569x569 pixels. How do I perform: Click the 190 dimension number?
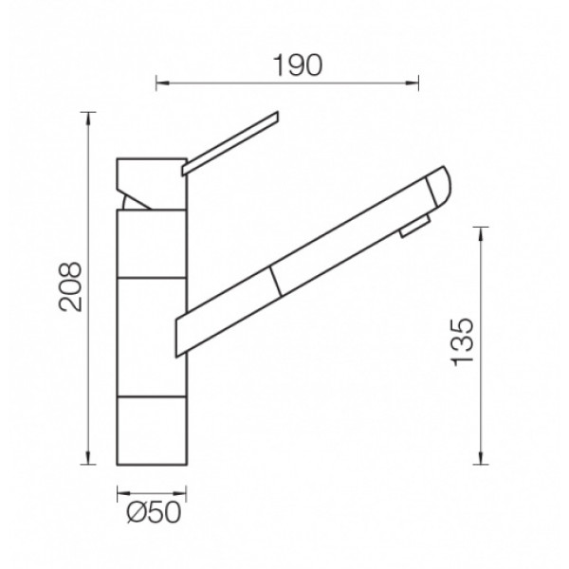click(297, 65)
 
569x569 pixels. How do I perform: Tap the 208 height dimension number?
click(70, 286)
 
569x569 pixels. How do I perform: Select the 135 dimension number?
click(462, 341)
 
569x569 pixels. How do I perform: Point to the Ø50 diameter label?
click(154, 513)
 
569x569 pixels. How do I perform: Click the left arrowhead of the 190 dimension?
click(162, 83)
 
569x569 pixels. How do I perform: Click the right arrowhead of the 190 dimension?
click(412, 83)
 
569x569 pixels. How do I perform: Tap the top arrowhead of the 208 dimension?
click(87, 119)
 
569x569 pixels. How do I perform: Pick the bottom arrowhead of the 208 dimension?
click(87, 457)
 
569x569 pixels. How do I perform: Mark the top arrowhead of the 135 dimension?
click(481, 234)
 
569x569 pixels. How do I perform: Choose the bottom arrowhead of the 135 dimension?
click(481, 457)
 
